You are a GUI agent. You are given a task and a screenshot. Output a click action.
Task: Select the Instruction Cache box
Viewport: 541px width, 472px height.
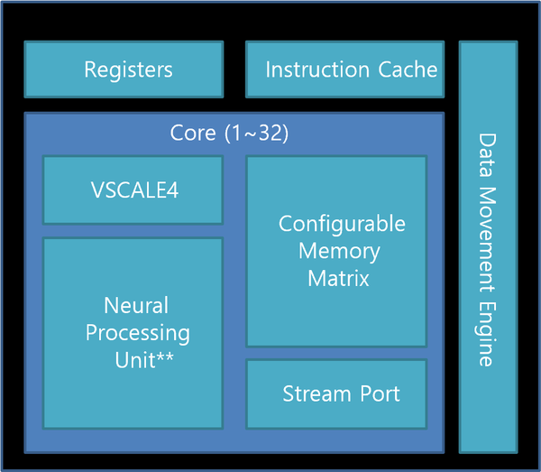tap(345, 69)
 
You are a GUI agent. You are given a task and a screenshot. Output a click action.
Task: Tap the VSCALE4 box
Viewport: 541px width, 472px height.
tap(133, 190)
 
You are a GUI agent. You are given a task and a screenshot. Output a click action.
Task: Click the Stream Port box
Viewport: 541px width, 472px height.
tap(336, 393)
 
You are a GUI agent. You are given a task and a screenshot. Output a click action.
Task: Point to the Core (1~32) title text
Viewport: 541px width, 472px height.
tap(229, 134)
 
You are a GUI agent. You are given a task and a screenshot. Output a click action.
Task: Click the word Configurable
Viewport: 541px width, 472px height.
tap(342, 224)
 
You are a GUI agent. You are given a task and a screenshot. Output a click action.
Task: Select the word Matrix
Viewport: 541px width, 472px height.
tap(338, 278)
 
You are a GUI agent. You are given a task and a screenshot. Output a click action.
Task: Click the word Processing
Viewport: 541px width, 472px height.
tap(138, 333)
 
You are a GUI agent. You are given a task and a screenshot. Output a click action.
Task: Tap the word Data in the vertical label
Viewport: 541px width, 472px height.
tap(486, 154)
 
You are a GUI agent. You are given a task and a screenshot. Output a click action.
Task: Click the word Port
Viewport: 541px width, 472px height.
tap(378, 394)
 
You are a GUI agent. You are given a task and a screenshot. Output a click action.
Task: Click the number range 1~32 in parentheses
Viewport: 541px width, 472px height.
tap(259, 134)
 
